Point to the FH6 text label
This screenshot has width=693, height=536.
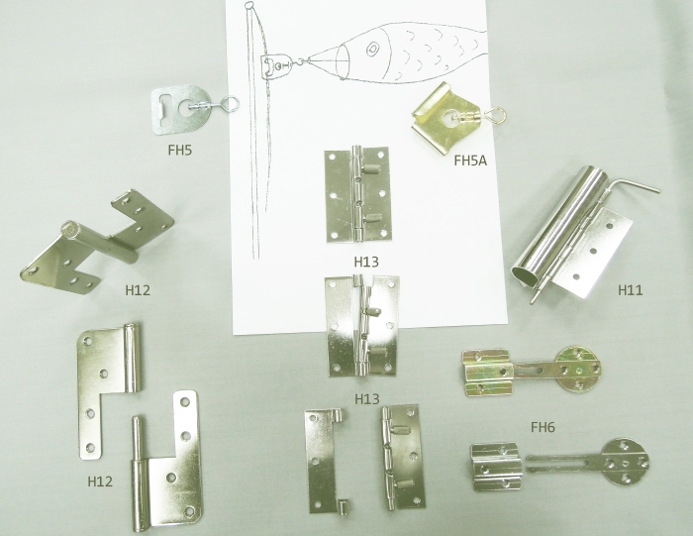543,428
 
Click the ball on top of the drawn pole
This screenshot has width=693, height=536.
251,8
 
